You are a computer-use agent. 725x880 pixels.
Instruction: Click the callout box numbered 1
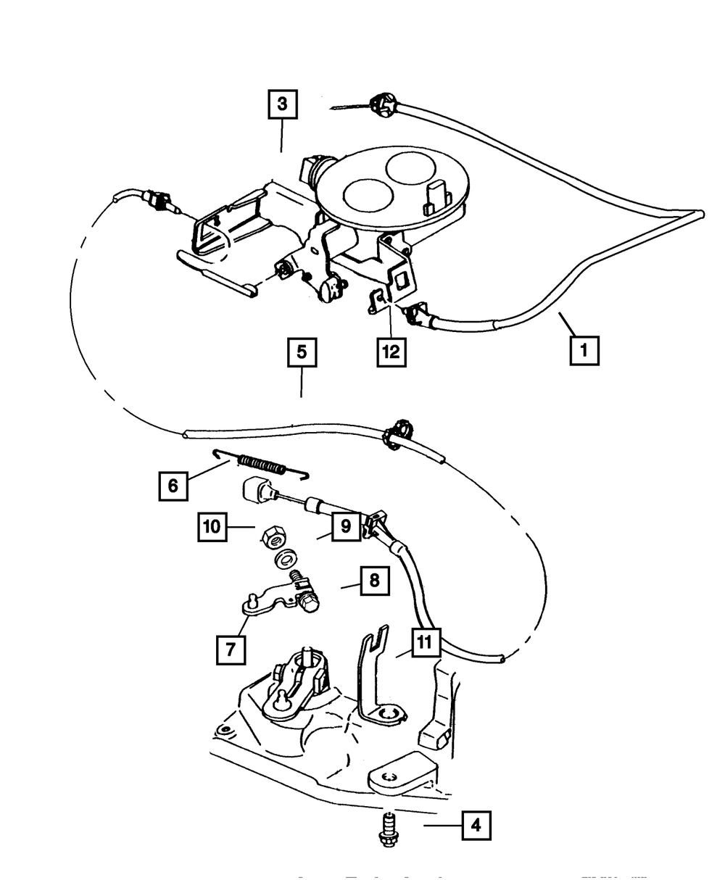[584, 350]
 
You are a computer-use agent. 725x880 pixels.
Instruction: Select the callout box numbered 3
[282, 104]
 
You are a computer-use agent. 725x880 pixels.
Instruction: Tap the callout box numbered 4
[476, 824]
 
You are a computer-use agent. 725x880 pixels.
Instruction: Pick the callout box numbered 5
[302, 353]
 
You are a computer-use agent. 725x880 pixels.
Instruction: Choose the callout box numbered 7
[230, 649]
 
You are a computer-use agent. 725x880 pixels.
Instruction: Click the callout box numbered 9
[346, 526]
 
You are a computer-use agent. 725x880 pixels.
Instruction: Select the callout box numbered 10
[212, 528]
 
